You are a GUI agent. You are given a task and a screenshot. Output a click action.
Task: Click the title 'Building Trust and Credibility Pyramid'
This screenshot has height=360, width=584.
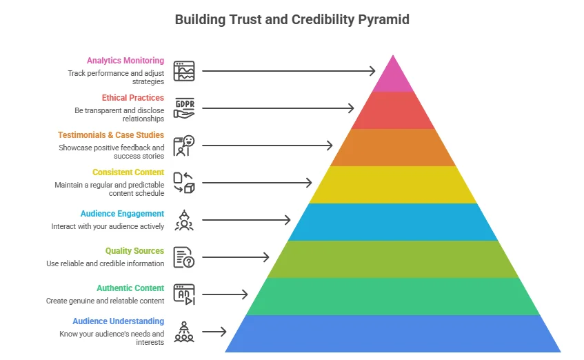(292, 19)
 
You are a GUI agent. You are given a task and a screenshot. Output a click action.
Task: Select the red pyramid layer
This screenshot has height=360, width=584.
(393, 110)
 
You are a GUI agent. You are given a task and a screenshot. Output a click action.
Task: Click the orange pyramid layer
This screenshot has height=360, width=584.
(393, 148)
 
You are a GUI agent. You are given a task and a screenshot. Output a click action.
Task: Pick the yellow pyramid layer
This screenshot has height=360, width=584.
(393, 185)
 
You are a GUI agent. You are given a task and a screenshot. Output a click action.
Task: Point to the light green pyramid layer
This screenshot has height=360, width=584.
(393, 259)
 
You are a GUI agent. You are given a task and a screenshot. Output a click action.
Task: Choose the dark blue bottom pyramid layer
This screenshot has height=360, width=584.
(393, 334)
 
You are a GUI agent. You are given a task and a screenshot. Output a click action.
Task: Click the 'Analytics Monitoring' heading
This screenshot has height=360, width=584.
(125, 61)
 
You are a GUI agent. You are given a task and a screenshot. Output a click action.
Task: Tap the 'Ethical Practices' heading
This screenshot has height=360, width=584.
(133, 98)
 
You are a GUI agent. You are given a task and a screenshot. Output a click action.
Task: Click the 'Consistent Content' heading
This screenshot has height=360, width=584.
(128, 172)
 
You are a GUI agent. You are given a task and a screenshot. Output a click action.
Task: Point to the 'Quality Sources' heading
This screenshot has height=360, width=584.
(134, 251)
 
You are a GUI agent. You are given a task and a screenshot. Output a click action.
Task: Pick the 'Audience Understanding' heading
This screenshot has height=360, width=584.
(119, 321)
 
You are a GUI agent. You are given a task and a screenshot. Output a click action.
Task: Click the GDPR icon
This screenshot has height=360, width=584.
(184, 108)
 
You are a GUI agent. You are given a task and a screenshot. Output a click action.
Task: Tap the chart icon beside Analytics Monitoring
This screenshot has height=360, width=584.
(184, 71)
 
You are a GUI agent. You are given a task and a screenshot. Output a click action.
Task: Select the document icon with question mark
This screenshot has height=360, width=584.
(184, 257)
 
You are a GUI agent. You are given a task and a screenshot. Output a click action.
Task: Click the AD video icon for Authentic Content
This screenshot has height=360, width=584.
(184, 294)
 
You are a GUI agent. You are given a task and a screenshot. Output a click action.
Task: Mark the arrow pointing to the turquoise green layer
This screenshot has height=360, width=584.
(225, 294)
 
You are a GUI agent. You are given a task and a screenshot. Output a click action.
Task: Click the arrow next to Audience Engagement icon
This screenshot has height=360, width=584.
(246, 220)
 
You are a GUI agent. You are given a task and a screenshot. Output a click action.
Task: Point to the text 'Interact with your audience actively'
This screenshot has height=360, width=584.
(108, 226)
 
